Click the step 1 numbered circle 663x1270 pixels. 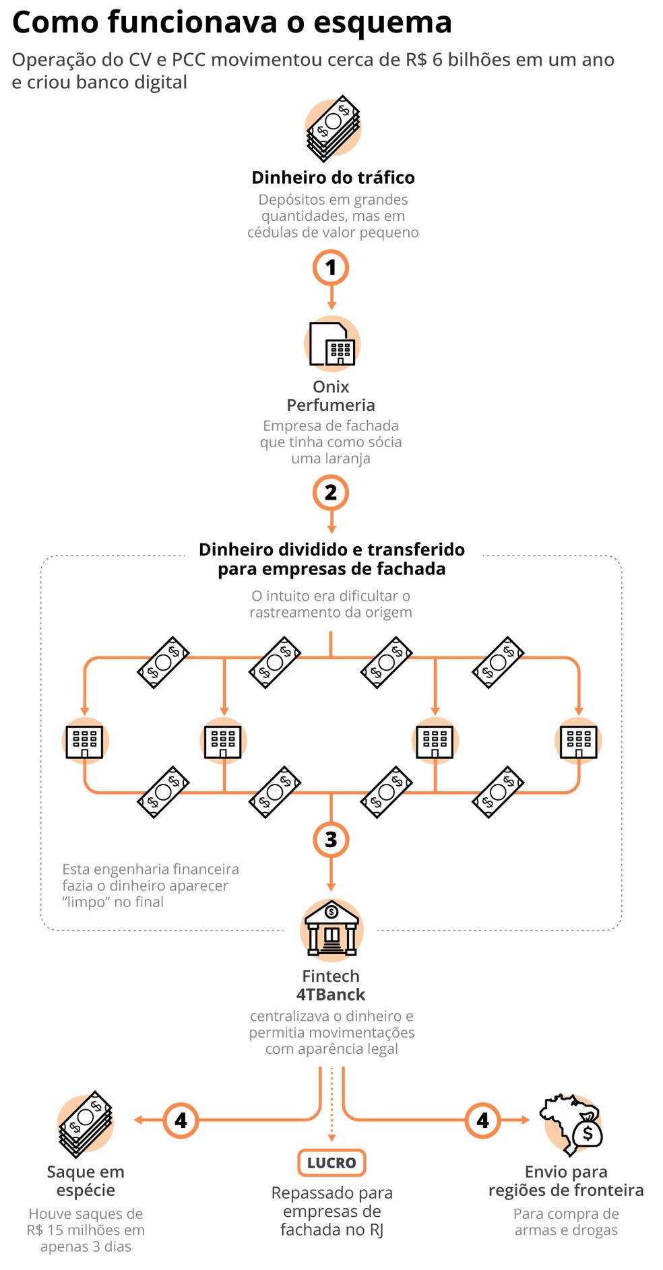(x=331, y=268)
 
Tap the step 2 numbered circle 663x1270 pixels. (x=331, y=492)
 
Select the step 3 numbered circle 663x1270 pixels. (x=331, y=840)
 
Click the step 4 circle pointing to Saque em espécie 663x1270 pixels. (x=181, y=1121)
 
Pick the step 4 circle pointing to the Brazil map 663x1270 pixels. (x=483, y=1121)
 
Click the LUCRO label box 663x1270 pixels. (x=331, y=1163)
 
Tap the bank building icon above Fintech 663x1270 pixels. (x=331, y=928)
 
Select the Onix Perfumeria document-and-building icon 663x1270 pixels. (x=331, y=344)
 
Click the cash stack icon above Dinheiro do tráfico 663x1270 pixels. (x=333, y=128)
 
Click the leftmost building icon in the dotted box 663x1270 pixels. (x=85, y=741)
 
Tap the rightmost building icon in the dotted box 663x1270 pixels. (x=579, y=741)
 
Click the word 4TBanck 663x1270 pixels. (x=331, y=995)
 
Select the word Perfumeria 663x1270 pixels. (x=331, y=405)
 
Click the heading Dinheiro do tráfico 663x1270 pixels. (x=333, y=178)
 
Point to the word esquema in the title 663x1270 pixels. (x=383, y=23)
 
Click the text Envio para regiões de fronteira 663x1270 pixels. (x=566, y=1181)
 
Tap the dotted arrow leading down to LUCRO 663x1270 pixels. (x=331, y=1104)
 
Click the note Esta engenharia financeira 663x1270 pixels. (x=150, y=869)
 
